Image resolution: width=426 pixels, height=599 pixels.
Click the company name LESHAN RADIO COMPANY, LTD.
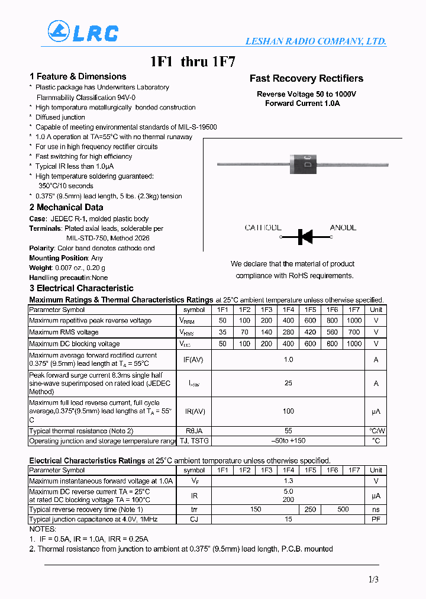coord(315,41)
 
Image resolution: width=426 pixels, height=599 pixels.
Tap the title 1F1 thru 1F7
coord(193,62)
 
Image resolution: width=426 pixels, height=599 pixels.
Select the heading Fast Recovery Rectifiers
coord(306,79)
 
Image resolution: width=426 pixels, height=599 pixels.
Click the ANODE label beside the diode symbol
coord(343,228)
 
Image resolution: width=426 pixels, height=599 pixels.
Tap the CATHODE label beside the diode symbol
coord(263,228)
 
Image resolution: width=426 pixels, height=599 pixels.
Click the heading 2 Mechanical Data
coord(66,207)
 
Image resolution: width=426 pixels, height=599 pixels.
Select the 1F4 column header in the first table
coord(288,310)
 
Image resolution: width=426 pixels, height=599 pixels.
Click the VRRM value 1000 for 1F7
coord(354,320)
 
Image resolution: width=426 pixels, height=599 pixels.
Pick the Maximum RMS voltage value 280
coord(288,332)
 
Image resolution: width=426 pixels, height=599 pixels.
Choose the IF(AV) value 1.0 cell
coord(288,359)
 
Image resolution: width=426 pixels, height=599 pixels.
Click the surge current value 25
coord(288,383)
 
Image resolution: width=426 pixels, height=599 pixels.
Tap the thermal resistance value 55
coord(288,431)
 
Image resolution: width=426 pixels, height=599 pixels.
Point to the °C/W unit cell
coord(376,431)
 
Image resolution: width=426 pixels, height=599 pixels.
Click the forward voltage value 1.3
coord(288,481)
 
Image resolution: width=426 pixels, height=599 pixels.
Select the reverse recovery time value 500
coord(343,509)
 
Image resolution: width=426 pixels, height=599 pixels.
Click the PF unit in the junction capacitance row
coord(376,519)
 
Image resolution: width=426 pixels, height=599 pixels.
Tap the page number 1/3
coord(373,580)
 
